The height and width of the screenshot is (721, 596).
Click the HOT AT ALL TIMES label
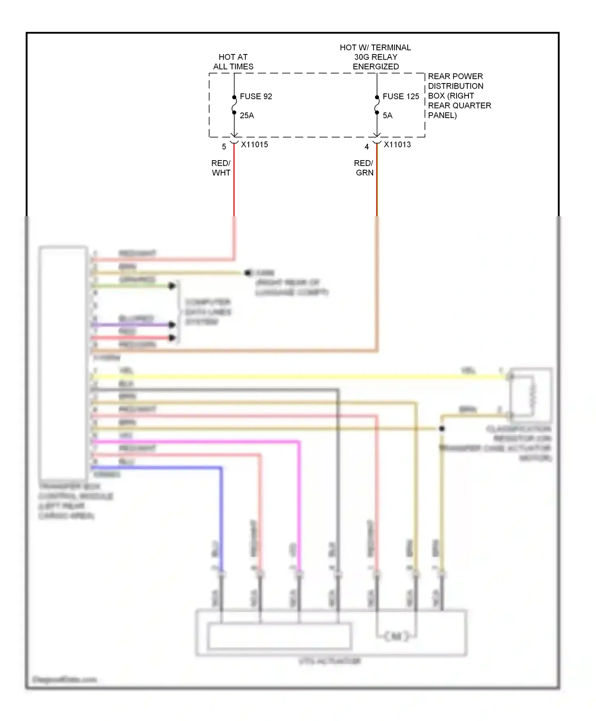click(233, 62)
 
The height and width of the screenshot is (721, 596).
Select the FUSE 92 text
click(256, 97)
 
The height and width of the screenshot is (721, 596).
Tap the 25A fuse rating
click(247, 116)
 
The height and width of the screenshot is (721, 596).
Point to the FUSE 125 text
click(401, 97)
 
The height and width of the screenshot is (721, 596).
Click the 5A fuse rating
click(387, 116)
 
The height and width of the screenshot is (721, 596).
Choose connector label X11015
click(254, 145)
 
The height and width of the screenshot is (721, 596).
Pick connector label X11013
click(397, 145)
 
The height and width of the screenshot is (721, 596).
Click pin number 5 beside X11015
click(224, 147)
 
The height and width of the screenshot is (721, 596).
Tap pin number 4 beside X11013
click(367, 147)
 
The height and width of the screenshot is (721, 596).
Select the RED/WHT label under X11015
click(221, 168)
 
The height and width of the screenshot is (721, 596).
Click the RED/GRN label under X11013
click(364, 168)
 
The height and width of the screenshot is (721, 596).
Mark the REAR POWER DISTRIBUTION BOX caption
click(459, 96)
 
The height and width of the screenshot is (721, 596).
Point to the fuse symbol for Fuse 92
click(234, 105)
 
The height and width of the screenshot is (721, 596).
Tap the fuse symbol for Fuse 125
click(377, 105)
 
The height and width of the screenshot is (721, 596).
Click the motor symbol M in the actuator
click(396, 636)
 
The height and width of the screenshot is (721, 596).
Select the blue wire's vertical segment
click(221, 517)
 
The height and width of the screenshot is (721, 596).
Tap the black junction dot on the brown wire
click(441, 428)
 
